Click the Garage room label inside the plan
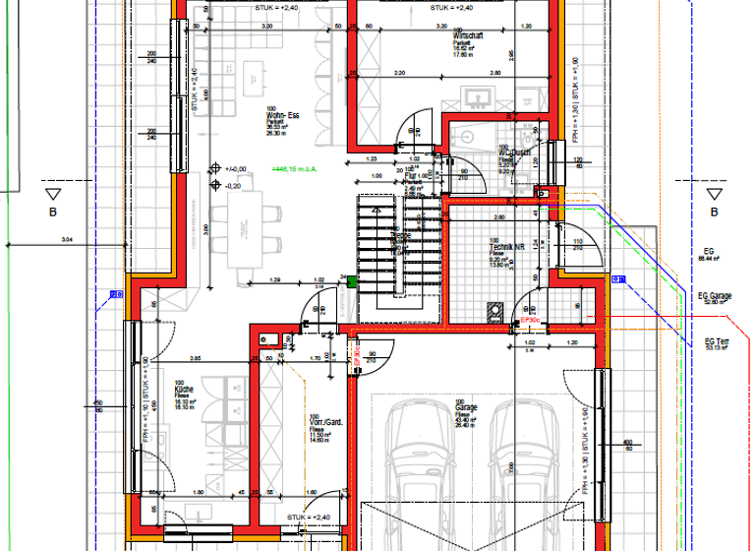[x=465, y=411]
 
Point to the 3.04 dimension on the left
[x=67, y=239]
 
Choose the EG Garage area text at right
[x=715, y=297]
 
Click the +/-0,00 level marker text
[x=234, y=169]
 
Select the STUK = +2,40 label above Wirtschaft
[x=451, y=8]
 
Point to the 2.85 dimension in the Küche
[x=196, y=358]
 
